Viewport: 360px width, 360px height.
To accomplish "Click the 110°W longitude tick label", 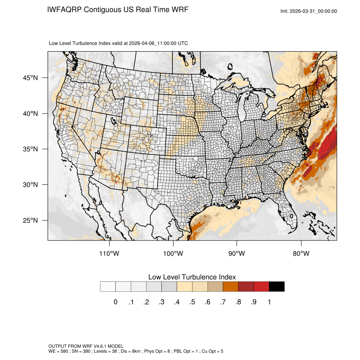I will pos(110,254).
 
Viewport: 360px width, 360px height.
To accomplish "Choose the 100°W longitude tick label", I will pos(173,254).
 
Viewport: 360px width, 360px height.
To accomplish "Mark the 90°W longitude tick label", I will pos(237,254).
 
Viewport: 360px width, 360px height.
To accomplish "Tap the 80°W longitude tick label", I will pos(301,254).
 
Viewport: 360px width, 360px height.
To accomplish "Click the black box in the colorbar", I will pos(277,287).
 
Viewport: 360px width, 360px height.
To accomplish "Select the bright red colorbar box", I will pos(261,287).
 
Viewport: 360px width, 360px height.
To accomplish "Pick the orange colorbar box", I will pos(231,287).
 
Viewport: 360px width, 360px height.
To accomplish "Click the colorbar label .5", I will pos(192,302).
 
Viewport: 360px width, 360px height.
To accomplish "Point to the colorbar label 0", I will pos(115,302).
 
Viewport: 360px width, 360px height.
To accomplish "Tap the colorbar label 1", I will pos(269,302).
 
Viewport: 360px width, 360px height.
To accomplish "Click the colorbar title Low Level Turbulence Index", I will pos(192,277).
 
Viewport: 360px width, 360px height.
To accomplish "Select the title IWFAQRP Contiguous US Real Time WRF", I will pos(118,10).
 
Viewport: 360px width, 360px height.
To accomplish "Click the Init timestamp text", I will pos(309,11).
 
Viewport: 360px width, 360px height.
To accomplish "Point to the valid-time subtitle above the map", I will pos(119,43).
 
